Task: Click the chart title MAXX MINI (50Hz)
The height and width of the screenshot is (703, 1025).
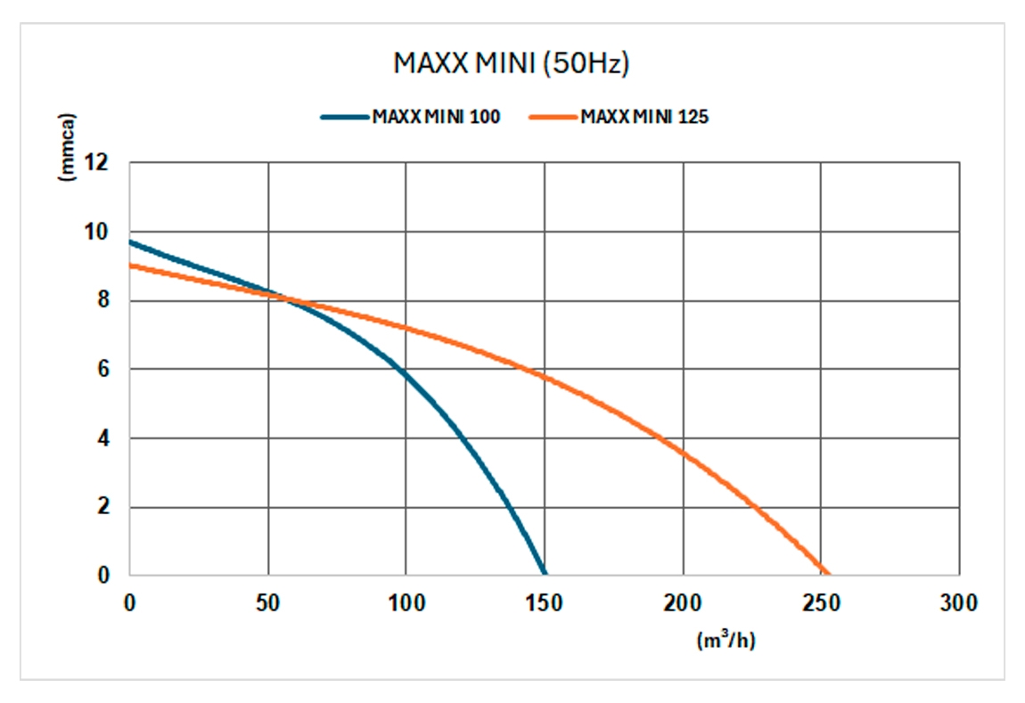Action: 512,64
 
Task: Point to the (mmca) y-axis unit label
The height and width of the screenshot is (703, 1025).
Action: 68,147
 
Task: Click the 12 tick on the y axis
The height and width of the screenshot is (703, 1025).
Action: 95,163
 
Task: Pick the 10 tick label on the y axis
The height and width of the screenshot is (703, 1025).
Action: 95,232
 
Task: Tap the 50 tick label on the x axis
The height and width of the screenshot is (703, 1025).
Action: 267,603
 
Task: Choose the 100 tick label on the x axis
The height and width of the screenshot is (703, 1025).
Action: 406,603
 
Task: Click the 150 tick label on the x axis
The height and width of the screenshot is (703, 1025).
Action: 545,603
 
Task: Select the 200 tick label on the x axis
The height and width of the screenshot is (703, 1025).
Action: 683,603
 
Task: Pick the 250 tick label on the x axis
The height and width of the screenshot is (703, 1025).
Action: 821,603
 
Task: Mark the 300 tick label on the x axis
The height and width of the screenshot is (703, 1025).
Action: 959,603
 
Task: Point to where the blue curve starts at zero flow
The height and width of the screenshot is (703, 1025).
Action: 130,241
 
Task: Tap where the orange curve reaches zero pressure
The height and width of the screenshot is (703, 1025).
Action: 827,575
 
